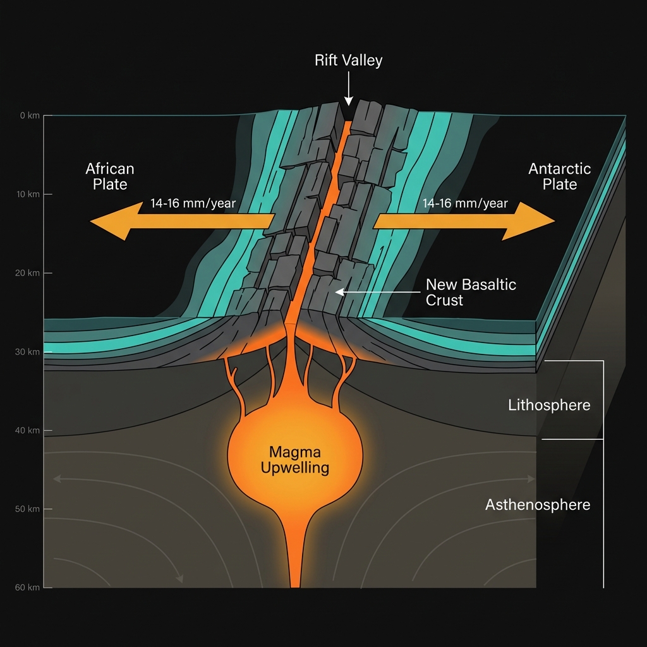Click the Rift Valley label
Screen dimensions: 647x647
coord(348,61)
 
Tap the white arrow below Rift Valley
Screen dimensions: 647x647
coord(348,88)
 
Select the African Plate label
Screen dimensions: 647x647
coord(110,176)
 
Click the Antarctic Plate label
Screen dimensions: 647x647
coord(559,176)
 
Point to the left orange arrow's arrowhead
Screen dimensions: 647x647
coord(111,221)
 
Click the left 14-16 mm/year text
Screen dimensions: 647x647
coord(193,203)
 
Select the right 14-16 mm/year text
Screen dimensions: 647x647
coord(465,203)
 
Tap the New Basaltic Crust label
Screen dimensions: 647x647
coord(471,292)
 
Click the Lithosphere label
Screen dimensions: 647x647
coord(549,405)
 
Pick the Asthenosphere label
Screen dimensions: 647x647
coord(538,505)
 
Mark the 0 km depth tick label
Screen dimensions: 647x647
coord(29,116)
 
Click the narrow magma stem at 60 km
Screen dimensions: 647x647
coord(295,578)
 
